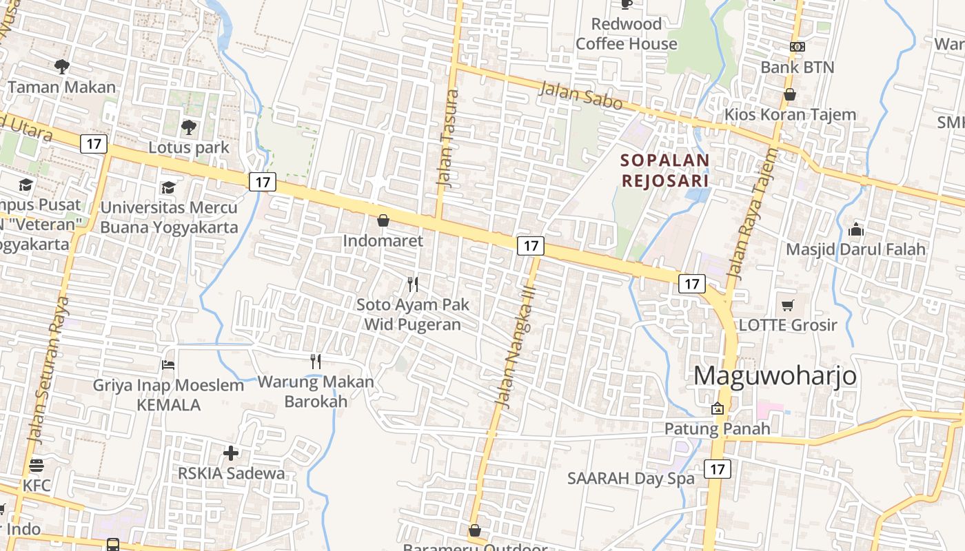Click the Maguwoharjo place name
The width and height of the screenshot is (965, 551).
point(775,376)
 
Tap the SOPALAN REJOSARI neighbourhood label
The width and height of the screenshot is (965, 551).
point(665,170)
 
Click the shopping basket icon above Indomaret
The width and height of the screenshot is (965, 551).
point(383,220)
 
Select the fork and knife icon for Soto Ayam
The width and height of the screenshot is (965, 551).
point(413,284)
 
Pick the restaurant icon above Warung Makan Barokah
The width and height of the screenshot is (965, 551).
point(316,362)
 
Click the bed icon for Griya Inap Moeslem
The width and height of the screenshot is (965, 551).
point(168,364)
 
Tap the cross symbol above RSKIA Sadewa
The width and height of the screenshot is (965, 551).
point(231,453)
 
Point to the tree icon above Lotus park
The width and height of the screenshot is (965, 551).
point(188,127)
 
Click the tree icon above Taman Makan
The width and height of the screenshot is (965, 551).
point(62,67)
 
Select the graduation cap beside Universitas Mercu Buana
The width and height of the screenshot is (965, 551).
point(168,187)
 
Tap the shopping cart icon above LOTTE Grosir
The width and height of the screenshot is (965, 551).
point(787,304)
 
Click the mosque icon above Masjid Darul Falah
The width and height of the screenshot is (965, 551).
point(856,229)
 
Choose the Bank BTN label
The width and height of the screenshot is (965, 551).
point(798,67)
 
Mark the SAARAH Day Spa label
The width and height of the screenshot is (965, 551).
point(631,479)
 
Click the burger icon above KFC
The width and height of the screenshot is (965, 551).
point(37,466)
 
